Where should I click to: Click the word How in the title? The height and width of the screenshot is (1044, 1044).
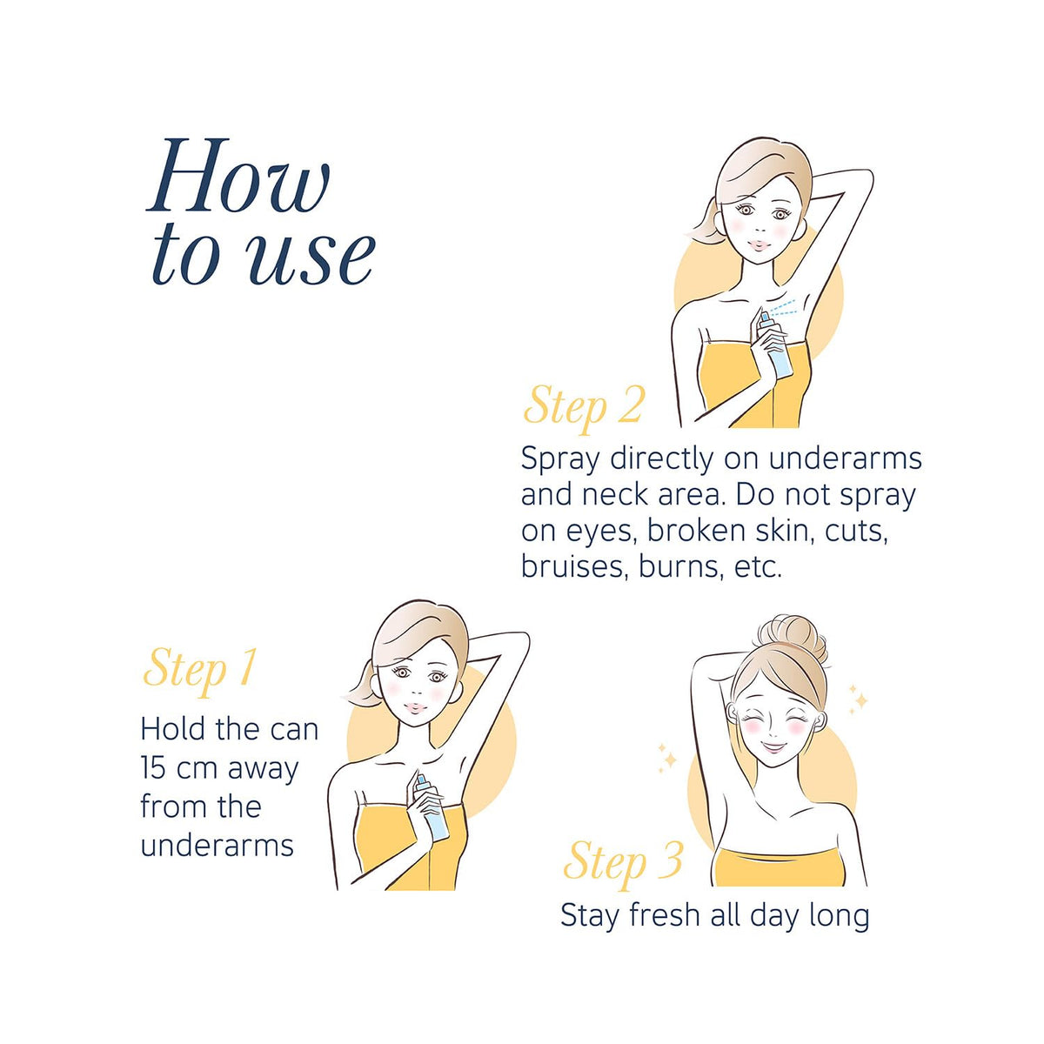pos(238,176)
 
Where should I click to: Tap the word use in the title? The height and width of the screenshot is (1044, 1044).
pos(312,259)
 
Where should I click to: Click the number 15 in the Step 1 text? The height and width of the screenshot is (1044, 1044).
pos(154,767)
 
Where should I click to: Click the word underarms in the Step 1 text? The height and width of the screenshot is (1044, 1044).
pos(217,845)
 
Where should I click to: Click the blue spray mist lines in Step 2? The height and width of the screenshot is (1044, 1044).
pos(787,310)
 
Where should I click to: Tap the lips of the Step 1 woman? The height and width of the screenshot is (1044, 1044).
pos(414,707)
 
